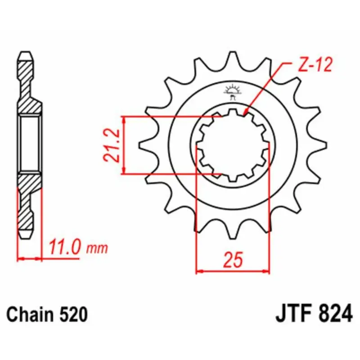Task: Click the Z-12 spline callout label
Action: point(315,64)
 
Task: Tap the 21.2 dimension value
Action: point(112,146)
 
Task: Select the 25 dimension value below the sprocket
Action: point(233,260)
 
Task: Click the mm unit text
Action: point(97,249)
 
